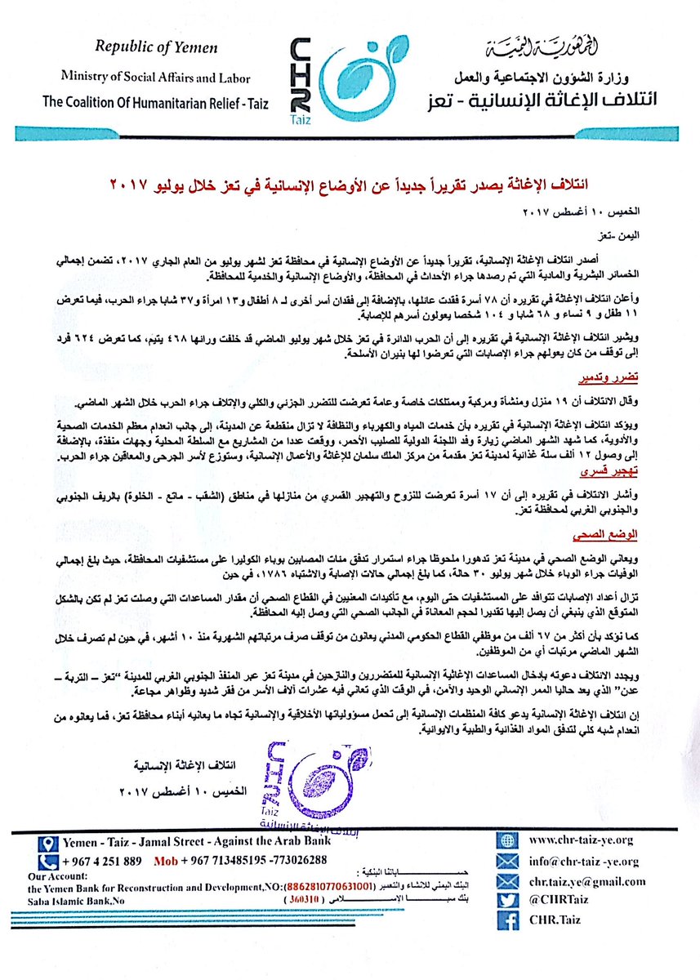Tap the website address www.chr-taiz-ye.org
point(582,839)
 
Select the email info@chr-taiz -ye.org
point(583,861)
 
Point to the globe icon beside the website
point(509,840)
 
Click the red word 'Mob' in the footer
point(167,861)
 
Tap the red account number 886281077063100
point(329,886)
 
